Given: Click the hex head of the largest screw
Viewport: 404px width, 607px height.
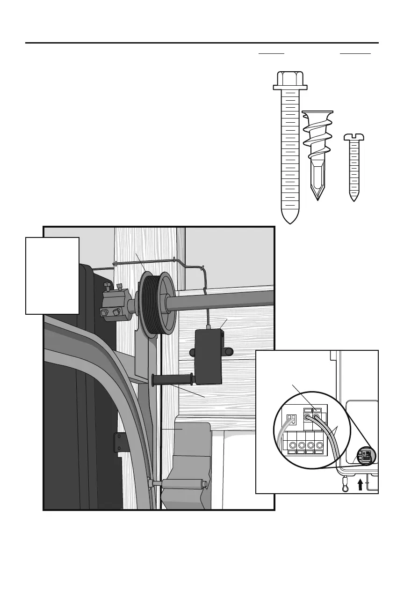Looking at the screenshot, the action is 290,81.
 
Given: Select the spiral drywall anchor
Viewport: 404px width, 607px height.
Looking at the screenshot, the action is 317,141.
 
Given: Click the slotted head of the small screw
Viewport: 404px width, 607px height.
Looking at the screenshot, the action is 353,137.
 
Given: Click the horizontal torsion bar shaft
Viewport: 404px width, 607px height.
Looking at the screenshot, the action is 224,300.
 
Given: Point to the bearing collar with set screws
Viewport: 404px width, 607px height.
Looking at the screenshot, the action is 113,305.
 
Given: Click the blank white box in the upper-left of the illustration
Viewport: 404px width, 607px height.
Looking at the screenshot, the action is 52,275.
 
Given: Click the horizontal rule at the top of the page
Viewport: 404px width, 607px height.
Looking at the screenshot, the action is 202,43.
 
